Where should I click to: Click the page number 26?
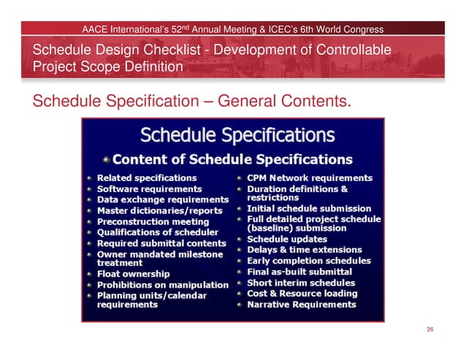point(430,330)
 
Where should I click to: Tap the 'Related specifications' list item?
point(147,177)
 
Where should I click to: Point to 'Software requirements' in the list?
point(150,188)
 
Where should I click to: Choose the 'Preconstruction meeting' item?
point(153,221)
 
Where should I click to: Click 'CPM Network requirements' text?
point(310,177)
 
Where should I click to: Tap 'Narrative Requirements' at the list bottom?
point(302,305)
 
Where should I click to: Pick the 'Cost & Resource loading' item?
point(302,294)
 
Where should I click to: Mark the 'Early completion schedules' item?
point(309,261)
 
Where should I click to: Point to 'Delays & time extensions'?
point(305,250)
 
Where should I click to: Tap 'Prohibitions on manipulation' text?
point(163,285)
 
